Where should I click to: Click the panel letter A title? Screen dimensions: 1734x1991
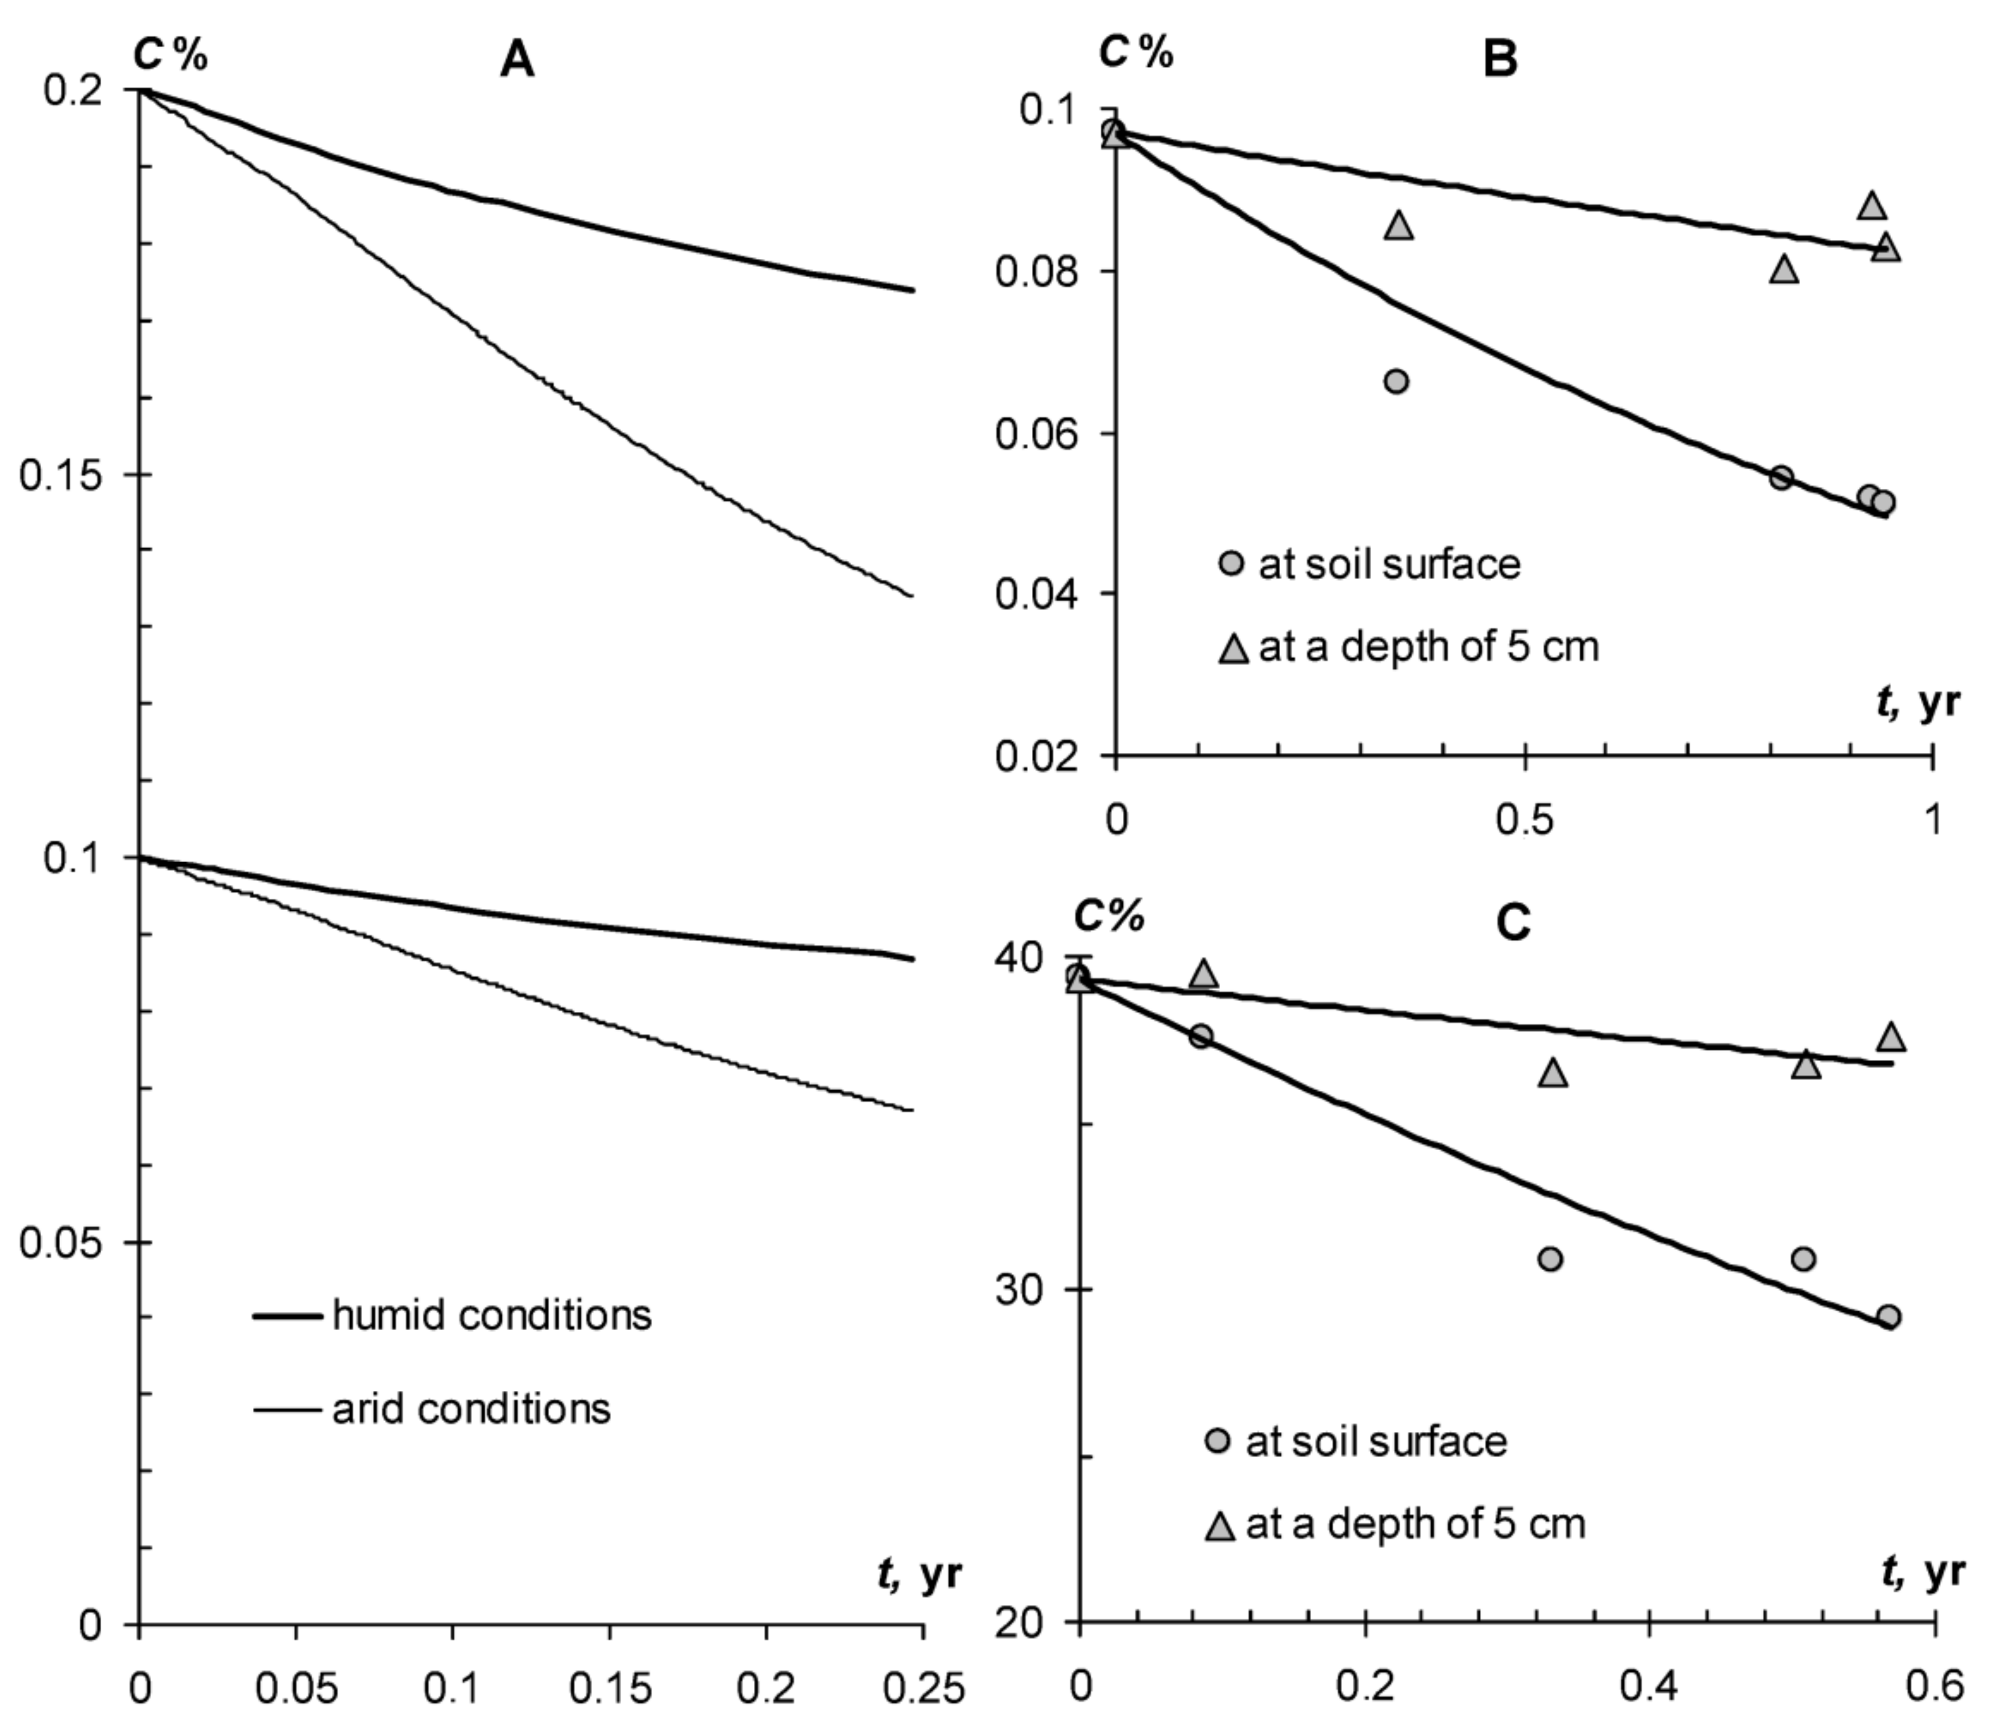coord(517,61)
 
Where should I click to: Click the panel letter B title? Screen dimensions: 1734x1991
coord(1499,59)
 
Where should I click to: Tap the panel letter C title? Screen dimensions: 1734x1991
coord(1513,922)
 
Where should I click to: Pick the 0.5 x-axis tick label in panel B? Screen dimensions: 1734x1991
coord(1524,820)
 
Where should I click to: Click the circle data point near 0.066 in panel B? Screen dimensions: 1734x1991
coord(1395,381)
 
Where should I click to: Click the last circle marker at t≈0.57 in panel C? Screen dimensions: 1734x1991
coord(1888,1317)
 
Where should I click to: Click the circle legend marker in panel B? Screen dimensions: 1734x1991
coord(1231,563)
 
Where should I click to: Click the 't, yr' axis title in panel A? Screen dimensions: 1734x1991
coord(919,1574)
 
